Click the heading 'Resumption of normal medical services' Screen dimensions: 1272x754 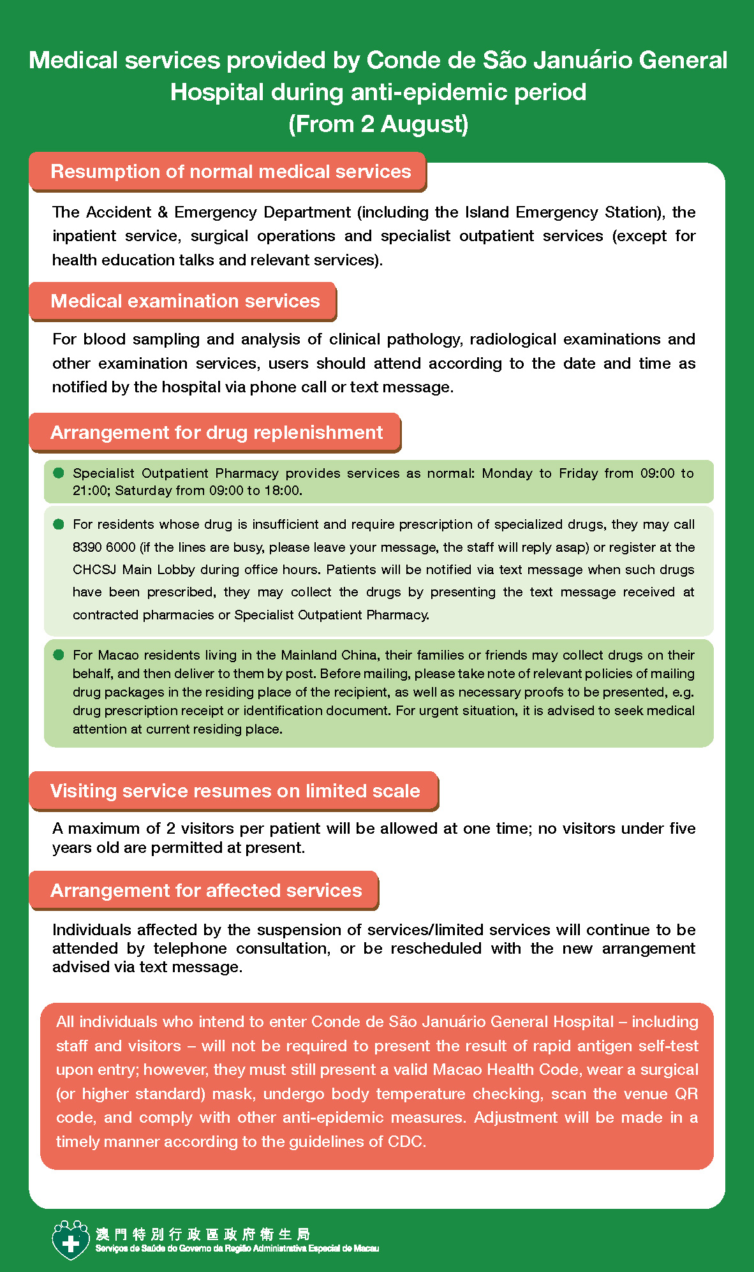pyautogui.click(x=230, y=172)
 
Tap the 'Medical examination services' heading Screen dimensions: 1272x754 pyautogui.click(x=185, y=301)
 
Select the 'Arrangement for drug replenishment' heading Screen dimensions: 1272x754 pyautogui.click(x=216, y=433)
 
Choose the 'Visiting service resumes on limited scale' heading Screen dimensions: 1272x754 pyautogui.click(x=235, y=791)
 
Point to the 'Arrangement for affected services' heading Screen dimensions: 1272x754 pyautogui.click(x=206, y=891)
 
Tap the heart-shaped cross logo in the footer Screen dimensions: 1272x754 pyautogui.click(x=70, y=1240)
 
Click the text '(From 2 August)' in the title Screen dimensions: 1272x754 pyautogui.click(x=378, y=124)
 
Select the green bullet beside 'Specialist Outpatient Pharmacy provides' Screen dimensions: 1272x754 pyautogui.click(x=59, y=473)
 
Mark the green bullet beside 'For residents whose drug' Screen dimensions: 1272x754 pyautogui.click(x=59, y=524)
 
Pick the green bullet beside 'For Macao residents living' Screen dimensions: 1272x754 pyautogui.click(x=59, y=654)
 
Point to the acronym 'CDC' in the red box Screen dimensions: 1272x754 pyautogui.click(x=405, y=1141)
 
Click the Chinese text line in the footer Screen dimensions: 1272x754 pyautogui.click(x=203, y=1234)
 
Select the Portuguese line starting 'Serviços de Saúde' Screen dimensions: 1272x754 pyautogui.click(x=237, y=1248)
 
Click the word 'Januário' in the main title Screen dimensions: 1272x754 pyautogui.click(x=582, y=61)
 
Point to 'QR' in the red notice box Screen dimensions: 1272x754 pyautogui.click(x=686, y=1093)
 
